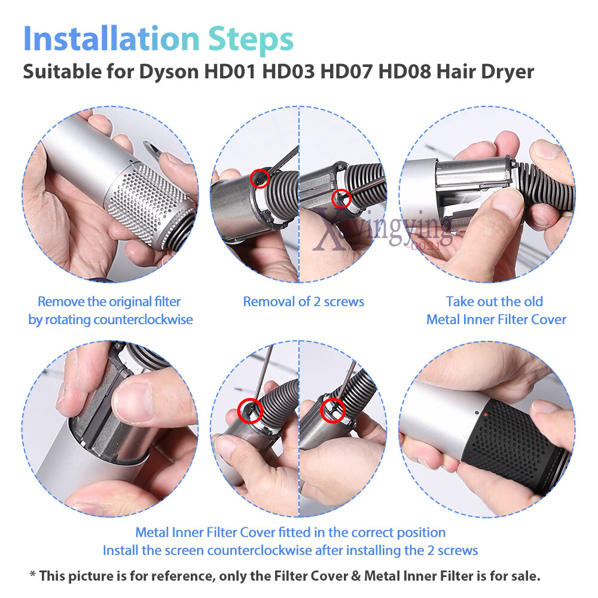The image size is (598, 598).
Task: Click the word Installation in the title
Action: coord(111,38)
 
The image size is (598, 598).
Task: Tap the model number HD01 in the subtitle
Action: coord(230,71)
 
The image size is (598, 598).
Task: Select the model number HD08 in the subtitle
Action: coord(404,71)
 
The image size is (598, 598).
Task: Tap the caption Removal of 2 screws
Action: coord(304,301)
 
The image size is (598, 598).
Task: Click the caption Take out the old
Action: coord(495,301)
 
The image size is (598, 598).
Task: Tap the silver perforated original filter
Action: coord(149,204)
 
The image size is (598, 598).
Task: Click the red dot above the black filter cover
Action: coord(485,414)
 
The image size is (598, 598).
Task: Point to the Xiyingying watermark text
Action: coord(383,231)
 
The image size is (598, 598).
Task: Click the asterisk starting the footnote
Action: coord(33,574)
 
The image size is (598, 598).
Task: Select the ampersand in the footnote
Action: coord(356,576)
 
